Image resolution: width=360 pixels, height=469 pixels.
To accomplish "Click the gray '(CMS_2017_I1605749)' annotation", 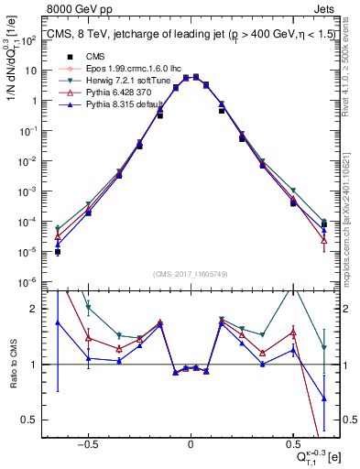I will point(190,274).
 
